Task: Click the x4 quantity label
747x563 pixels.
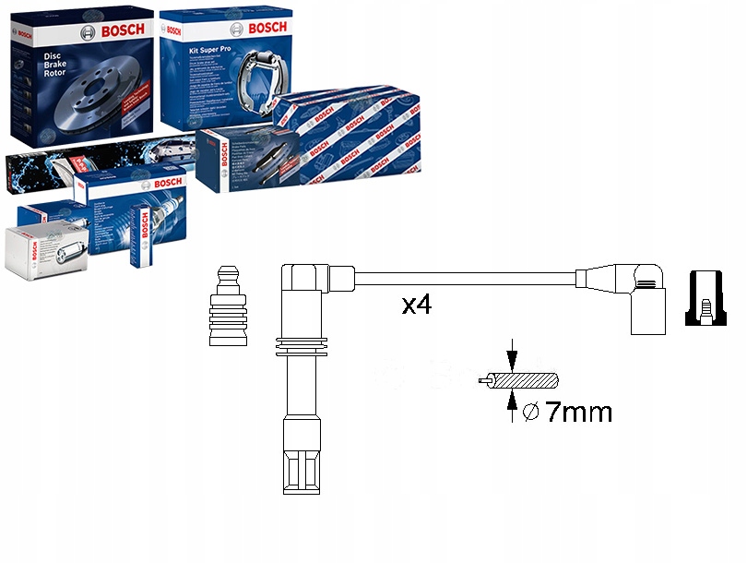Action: click(417, 305)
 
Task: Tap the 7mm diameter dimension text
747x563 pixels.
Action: click(578, 412)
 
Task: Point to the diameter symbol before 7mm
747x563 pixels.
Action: click(530, 413)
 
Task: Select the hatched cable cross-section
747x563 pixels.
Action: click(525, 380)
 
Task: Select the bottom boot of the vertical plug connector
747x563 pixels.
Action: click(302, 459)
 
